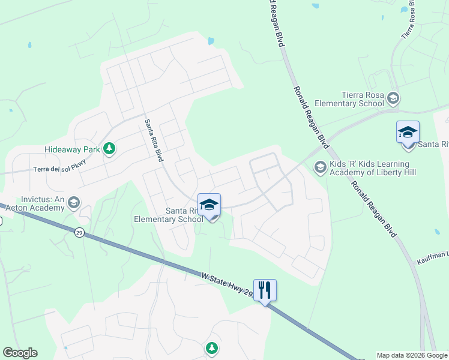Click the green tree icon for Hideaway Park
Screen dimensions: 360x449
109,148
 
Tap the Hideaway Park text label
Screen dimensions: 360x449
72,149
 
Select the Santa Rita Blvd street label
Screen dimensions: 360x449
152,139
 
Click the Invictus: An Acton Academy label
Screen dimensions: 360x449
34,203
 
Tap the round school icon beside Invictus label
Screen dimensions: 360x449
74,203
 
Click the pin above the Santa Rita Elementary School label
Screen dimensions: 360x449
209,206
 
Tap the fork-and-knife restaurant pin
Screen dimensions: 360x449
265,290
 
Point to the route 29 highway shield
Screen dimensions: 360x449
79,233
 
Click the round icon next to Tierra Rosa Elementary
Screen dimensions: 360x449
393,97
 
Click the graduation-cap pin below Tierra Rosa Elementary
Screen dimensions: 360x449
408,133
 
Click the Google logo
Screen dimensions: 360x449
20,353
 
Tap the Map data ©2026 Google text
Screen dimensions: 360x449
412,355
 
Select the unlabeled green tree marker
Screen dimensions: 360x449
211,347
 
